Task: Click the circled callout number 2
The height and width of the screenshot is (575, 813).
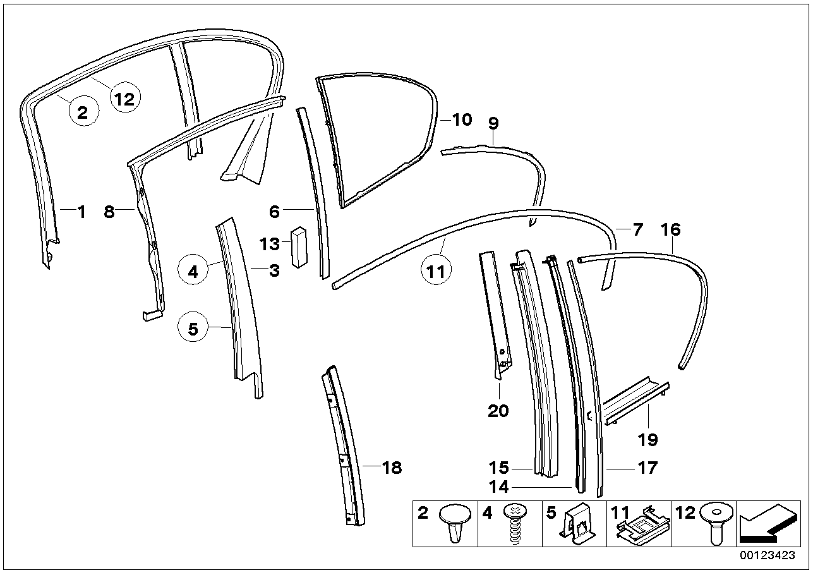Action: coord(82,113)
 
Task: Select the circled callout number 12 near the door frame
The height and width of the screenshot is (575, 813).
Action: coord(124,99)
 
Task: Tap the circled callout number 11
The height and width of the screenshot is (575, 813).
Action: coord(437,272)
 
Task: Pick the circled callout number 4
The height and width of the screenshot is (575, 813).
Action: coord(193,272)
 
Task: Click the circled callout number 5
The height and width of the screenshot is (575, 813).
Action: coord(193,329)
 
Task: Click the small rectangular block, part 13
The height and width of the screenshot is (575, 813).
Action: coord(298,248)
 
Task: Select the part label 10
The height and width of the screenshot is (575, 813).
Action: coord(462,119)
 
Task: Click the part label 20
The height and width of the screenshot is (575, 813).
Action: coord(498,411)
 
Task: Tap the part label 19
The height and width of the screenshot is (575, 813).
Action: coord(648,439)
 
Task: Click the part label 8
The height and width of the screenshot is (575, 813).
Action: coord(109,212)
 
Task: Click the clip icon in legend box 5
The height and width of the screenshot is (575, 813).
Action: coord(578,524)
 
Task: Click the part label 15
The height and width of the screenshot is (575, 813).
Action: coord(498,468)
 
